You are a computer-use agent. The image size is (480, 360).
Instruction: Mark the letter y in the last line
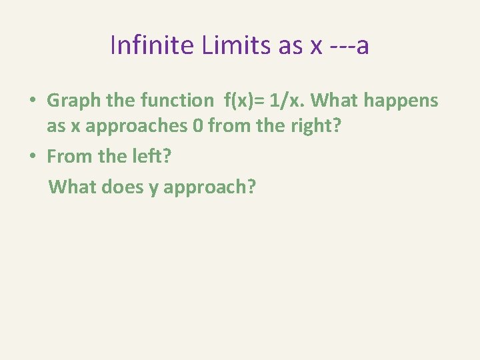click(x=153, y=188)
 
